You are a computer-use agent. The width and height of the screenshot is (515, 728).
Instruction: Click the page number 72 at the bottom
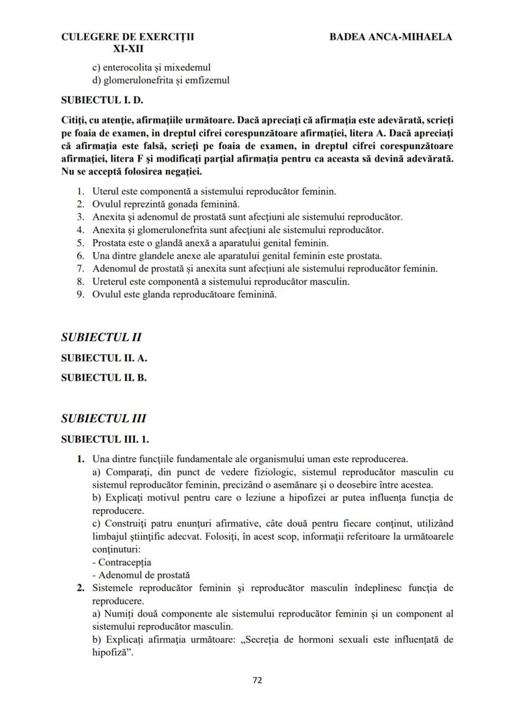coord(257,680)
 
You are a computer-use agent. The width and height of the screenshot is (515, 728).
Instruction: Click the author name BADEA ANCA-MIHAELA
coord(391,37)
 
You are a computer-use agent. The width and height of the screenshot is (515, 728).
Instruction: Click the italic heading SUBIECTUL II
coord(101,338)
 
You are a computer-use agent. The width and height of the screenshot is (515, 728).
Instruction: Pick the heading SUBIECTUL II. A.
coord(104,358)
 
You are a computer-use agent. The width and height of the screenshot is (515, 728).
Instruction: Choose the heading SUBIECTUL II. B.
coord(104,377)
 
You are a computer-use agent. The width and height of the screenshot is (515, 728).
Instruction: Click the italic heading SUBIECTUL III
coord(103,418)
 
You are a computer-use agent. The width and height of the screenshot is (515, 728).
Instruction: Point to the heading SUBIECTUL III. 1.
coord(105,439)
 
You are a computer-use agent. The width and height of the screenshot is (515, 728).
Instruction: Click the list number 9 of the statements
coord(80,295)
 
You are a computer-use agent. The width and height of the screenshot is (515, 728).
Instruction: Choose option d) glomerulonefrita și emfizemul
coord(160,80)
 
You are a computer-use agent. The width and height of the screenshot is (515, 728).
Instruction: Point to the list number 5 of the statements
coord(80,243)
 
